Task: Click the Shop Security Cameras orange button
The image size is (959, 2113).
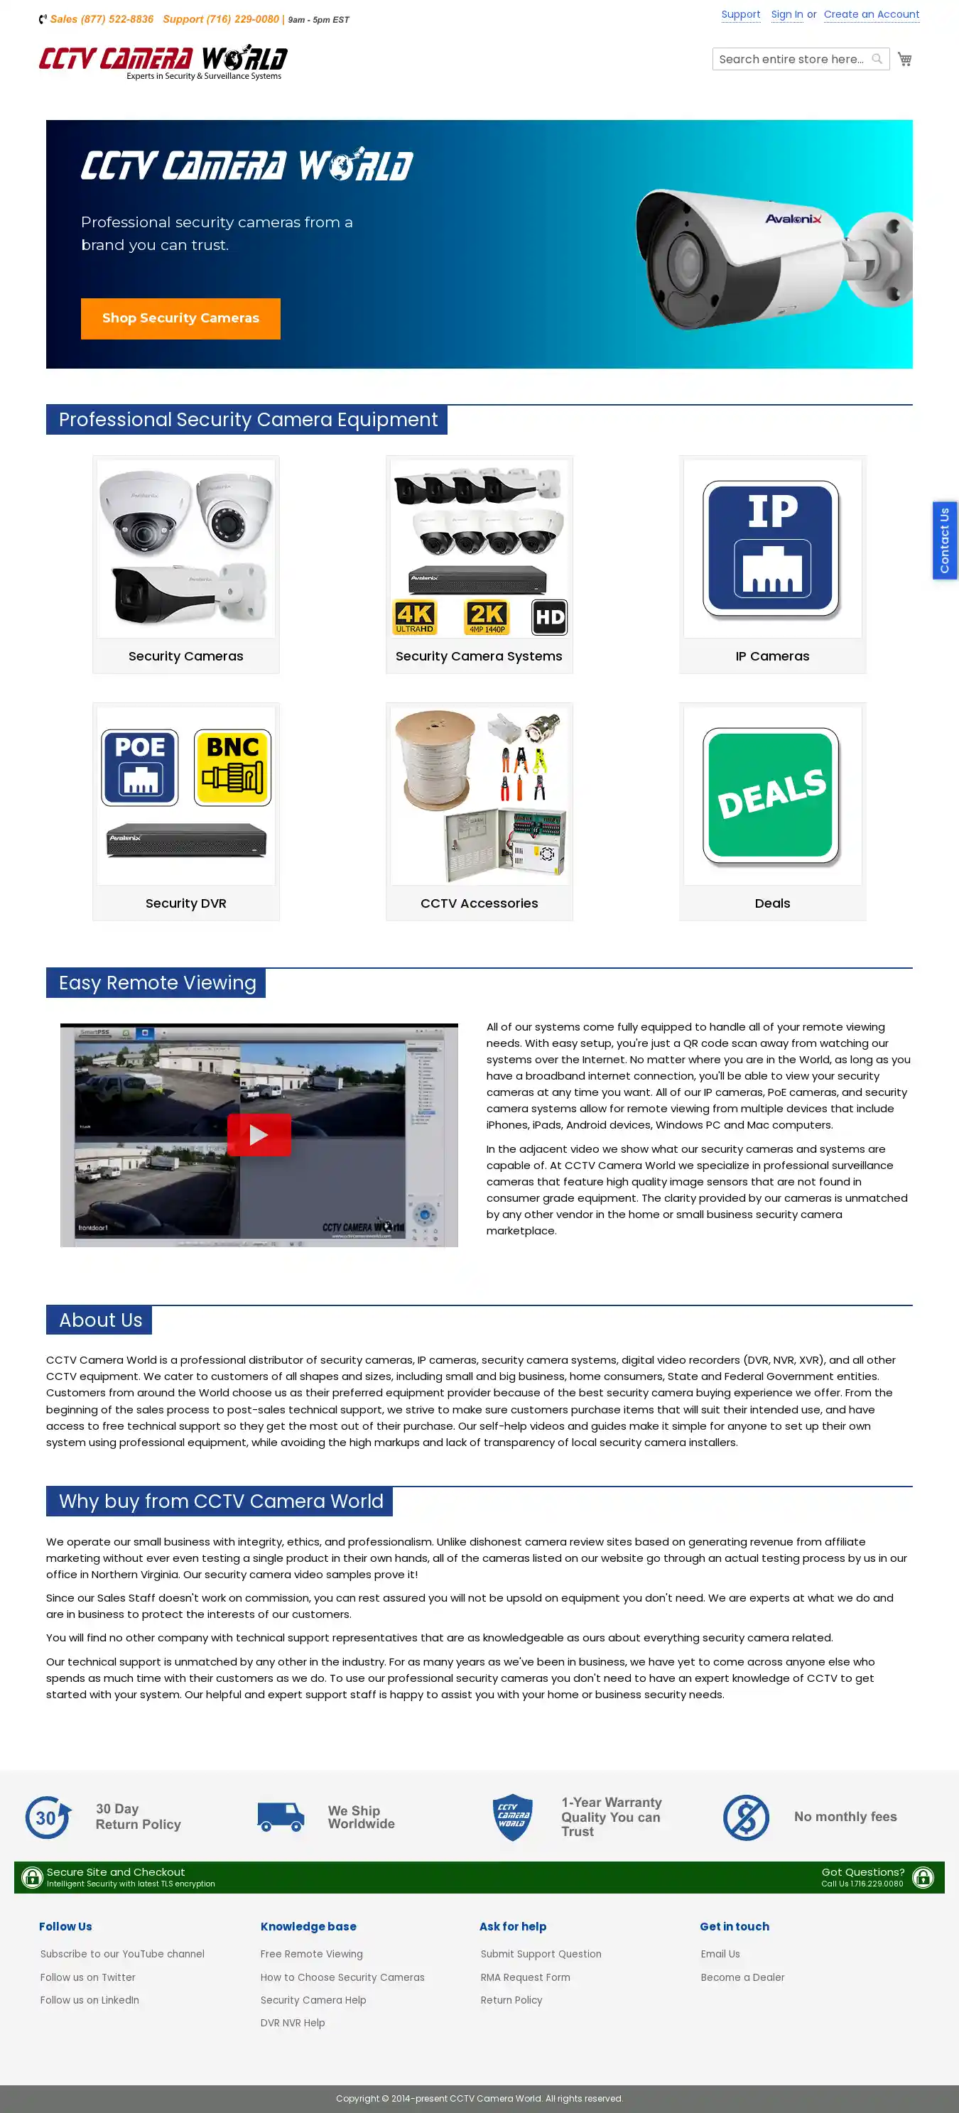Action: click(180, 318)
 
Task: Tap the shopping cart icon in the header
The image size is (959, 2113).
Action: click(904, 59)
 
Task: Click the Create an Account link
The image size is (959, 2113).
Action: click(870, 15)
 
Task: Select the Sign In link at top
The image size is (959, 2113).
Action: click(786, 15)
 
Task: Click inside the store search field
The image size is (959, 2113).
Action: click(790, 59)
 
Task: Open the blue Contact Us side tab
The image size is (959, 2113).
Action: click(944, 541)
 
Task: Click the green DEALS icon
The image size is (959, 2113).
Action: click(771, 794)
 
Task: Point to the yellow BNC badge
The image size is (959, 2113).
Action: click(233, 768)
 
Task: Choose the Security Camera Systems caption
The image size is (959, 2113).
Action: click(479, 656)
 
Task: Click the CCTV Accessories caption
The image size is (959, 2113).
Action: click(479, 903)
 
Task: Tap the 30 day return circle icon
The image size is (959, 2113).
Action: click(47, 1818)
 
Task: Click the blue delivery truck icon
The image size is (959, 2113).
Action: click(281, 1817)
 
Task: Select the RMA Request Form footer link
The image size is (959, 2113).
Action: click(525, 1977)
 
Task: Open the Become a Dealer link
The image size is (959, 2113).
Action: click(742, 1977)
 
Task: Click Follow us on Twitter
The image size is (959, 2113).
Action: click(88, 1977)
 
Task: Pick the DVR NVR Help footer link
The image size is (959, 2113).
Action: click(292, 2023)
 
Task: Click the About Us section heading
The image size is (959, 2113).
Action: click(100, 1320)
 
